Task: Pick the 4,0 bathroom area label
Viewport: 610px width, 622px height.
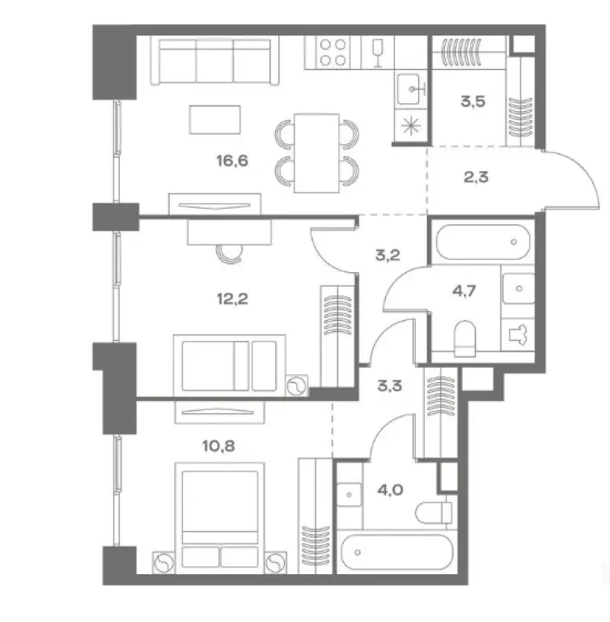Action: [x=392, y=488]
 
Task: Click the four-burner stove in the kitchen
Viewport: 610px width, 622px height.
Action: [x=333, y=52]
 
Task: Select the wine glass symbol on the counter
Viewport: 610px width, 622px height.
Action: [x=376, y=51]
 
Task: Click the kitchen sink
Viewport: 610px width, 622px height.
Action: [x=411, y=87]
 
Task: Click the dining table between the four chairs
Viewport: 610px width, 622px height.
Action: [x=316, y=153]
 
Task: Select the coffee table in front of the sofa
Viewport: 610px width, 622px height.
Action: [x=214, y=120]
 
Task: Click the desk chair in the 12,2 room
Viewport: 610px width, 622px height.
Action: [x=229, y=253]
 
